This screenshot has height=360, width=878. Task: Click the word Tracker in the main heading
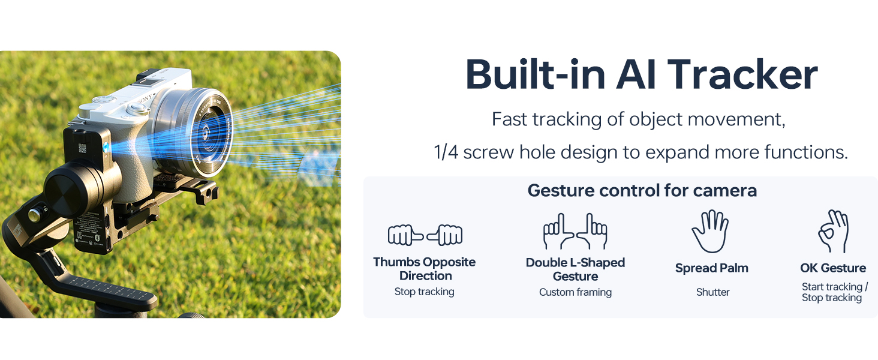pyautogui.click(x=742, y=74)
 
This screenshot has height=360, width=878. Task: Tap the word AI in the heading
pyautogui.click(x=636, y=74)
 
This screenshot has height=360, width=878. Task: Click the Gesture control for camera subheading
pyautogui.click(x=642, y=191)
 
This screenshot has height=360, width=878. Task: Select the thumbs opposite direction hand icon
pyautogui.click(x=425, y=235)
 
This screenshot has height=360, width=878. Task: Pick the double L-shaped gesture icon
pyautogui.click(x=575, y=232)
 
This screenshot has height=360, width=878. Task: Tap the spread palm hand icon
pyautogui.click(x=710, y=231)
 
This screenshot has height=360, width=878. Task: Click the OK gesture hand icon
pyautogui.click(x=833, y=231)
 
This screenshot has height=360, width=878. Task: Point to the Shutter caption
pyautogui.click(x=712, y=292)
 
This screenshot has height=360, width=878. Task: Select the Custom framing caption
pyautogui.click(x=575, y=292)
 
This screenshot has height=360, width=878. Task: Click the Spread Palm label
pyautogui.click(x=711, y=268)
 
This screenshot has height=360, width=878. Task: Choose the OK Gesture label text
pyautogui.click(x=833, y=268)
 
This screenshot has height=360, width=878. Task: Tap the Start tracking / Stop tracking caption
pyautogui.click(x=834, y=292)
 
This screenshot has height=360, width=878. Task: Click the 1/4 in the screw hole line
pyautogui.click(x=446, y=152)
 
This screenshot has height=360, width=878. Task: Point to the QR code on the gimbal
pyautogui.click(x=82, y=148)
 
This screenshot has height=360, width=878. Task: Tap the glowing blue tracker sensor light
pyautogui.click(x=106, y=148)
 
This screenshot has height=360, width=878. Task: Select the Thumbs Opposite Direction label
pyautogui.click(x=425, y=269)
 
